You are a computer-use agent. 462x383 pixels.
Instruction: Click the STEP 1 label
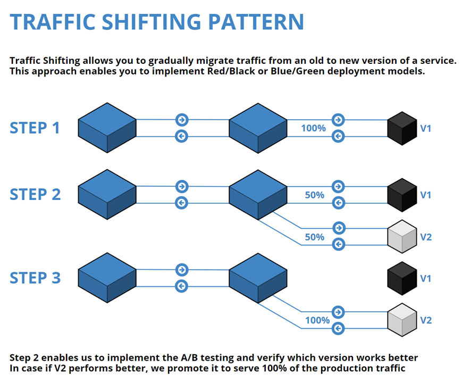tap(35, 128)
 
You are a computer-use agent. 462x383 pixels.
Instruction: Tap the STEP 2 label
tap(35, 194)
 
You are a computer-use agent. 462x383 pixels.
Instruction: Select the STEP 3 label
tap(35, 277)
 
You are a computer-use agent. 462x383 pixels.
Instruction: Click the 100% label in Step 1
tap(313, 128)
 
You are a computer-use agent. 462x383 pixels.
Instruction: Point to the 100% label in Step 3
tap(317, 321)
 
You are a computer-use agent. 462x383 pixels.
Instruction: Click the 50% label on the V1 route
tap(314, 195)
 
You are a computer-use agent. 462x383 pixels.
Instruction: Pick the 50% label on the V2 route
tap(314, 237)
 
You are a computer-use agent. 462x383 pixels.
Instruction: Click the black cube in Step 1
tap(402, 128)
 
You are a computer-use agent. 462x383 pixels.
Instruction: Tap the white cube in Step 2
tap(402, 237)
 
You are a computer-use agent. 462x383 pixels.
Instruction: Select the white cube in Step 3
tap(402, 320)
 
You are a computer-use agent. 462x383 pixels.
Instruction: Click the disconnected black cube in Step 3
tap(402, 278)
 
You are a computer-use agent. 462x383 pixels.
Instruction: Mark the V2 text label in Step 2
tap(426, 237)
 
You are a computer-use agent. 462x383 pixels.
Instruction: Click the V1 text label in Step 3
tap(426, 278)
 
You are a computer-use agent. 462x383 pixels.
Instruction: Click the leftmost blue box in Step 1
tap(107, 128)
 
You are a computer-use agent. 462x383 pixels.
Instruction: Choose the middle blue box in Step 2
tap(258, 194)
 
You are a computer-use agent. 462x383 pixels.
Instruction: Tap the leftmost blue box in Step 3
tap(107, 278)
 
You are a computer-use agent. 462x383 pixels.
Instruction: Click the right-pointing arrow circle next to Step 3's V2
tap(338, 312)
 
